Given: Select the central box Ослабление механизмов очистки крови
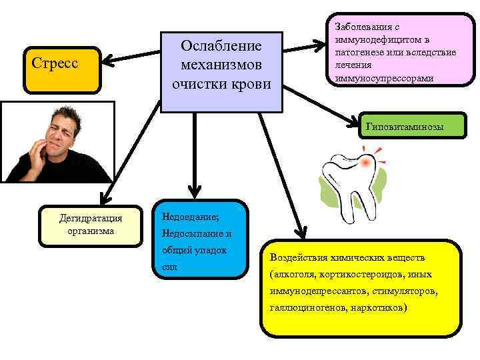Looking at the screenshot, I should (221, 71).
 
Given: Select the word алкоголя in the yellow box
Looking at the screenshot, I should (291, 274).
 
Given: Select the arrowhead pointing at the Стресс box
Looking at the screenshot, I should (106, 62).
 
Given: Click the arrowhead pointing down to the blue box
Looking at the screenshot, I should (194, 193).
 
